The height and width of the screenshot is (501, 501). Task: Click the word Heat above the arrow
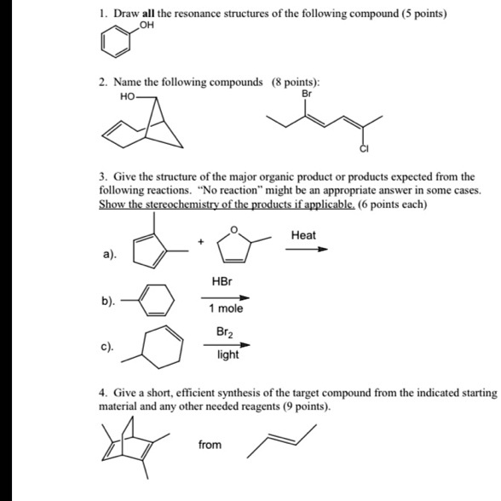pos(303,235)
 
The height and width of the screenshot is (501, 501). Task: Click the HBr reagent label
pos(222,281)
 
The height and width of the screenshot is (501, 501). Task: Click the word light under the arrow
pos(227,354)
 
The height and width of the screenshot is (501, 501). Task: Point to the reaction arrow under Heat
pos(306,250)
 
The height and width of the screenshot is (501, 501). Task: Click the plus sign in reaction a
pos(201,243)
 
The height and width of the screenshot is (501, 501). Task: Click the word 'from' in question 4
pos(210,445)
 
